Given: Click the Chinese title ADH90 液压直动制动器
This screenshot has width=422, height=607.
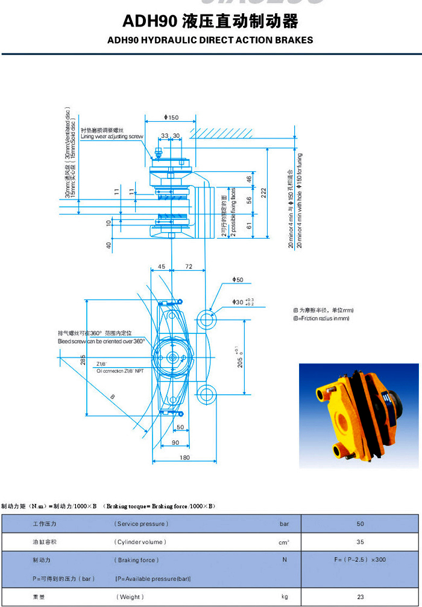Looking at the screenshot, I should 210,22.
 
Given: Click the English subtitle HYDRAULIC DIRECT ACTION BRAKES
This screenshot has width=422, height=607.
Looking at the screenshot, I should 210,40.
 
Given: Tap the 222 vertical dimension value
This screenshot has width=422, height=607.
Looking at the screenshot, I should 264,192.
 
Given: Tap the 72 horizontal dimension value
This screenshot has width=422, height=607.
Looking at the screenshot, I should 189,266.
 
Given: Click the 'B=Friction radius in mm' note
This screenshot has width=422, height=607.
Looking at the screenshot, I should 321,318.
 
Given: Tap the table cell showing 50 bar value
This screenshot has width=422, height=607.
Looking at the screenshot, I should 360,524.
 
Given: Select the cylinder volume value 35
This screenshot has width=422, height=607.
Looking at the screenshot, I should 360,542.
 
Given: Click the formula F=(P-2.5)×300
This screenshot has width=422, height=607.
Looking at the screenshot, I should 360,560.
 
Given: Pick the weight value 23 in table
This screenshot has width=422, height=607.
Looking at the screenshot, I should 360,597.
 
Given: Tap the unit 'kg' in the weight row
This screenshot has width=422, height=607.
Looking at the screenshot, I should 284,597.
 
